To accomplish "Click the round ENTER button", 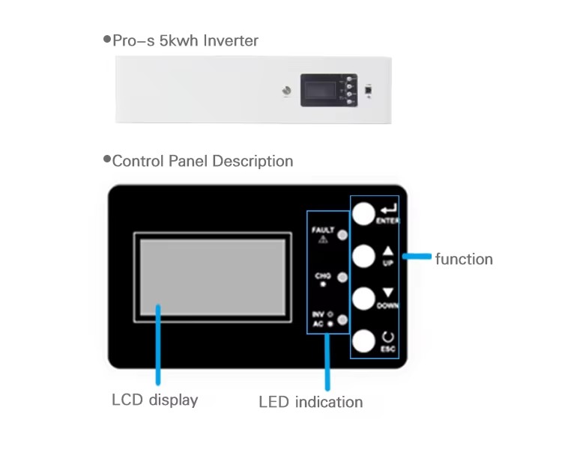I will pos(363,214).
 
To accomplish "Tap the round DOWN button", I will pos(363,299).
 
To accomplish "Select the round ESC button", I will pos(363,341).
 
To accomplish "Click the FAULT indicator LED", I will pos(342,235).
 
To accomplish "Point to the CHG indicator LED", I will pos(342,278).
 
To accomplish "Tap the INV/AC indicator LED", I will pos(342,320).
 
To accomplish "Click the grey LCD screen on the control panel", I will pos(211,277).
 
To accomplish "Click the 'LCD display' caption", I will pos(154,400).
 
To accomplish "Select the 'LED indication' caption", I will pos(310,402).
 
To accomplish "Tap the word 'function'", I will pos(464,259).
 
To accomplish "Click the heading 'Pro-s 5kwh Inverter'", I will pos(185,40).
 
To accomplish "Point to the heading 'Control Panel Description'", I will pos(202,161).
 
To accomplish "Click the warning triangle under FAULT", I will pos(324,239).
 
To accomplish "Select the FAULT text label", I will pos(323,230).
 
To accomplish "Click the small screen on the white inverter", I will pos(318,90).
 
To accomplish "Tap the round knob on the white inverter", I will pos(285,91).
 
